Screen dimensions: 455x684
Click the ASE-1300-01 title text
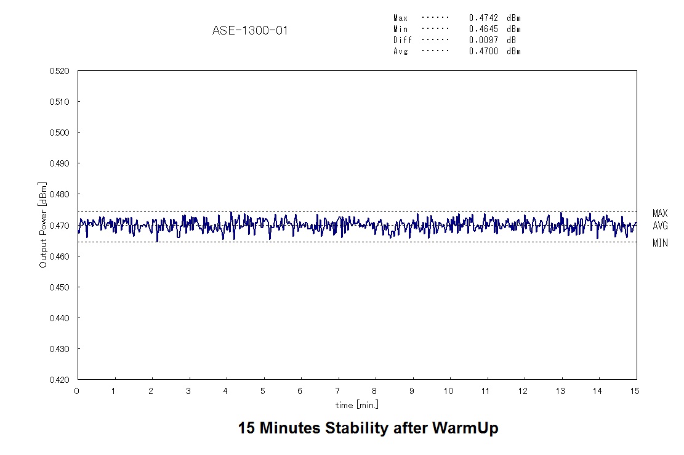tap(250, 30)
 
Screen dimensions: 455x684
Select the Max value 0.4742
tap(483, 18)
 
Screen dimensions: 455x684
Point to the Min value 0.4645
tap(483, 29)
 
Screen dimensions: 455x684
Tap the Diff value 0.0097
tap(483, 40)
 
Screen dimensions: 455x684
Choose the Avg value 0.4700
tap(483, 51)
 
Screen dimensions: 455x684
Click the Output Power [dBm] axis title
tap(43, 224)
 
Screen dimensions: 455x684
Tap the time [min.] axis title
tap(357, 404)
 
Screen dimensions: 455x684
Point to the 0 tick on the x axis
tap(77, 391)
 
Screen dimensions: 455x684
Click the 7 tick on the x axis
tap(337, 391)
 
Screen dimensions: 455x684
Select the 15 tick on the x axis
tap(636, 391)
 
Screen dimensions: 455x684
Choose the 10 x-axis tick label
tap(449, 391)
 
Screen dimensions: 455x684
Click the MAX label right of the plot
tap(660, 214)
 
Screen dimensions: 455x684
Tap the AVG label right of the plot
tap(660, 226)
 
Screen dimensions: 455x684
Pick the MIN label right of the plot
tap(660, 244)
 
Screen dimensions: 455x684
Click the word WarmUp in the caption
tap(467, 428)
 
